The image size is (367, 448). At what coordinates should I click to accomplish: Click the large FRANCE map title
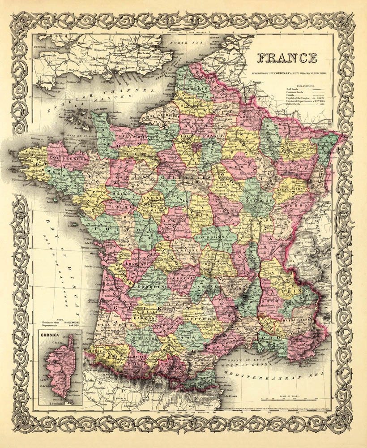[x=287, y=58]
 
